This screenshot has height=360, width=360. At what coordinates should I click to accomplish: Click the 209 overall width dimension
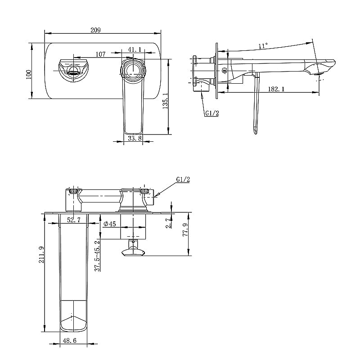(95, 30)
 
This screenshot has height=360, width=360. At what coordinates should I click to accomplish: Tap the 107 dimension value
(100, 54)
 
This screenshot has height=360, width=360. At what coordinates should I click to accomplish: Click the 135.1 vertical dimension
(165, 101)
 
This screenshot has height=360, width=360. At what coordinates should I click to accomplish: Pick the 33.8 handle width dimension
(135, 139)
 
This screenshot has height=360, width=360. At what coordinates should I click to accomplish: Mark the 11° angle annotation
(263, 45)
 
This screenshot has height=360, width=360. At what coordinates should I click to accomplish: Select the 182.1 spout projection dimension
(275, 89)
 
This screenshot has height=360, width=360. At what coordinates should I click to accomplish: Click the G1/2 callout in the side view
(211, 113)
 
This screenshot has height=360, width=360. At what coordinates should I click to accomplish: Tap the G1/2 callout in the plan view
(183, 180)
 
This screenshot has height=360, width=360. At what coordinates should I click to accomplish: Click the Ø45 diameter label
(109, 224)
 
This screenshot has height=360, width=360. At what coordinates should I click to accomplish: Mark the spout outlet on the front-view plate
(72, 70)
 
